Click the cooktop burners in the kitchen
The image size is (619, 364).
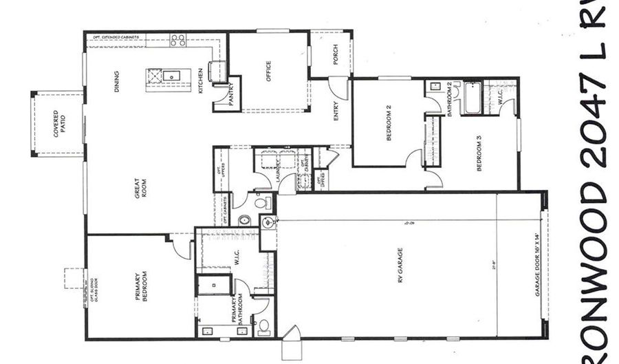(177, 40)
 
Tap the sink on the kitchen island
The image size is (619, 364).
(172, 74)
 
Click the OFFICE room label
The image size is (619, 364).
(268, 72)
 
